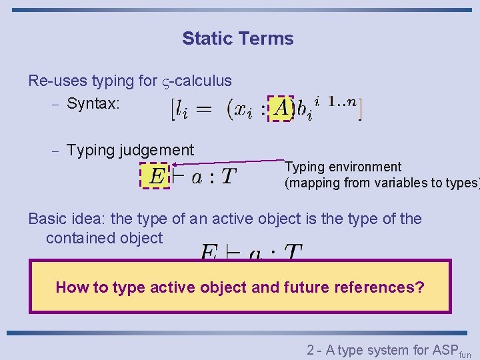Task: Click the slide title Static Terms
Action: pos(237,39)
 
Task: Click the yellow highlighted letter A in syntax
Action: pos(281,107)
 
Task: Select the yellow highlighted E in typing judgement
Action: pos(156,177)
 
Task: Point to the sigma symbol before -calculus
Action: pos(166,82)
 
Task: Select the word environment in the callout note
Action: pos(365,167)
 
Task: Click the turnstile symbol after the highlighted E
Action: pos(178,177)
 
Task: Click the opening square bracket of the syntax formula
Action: pos(174,109)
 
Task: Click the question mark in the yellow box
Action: pos(419,287)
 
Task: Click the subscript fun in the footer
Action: pos(465,355)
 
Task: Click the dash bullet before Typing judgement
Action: pos(56,152)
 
